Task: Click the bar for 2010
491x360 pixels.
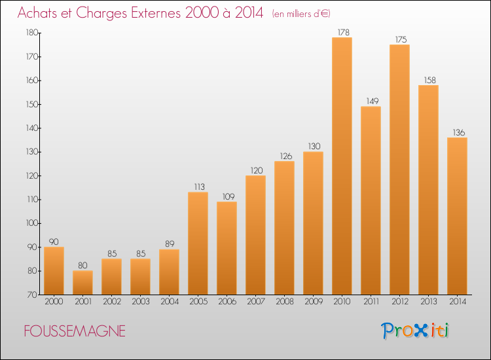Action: [x=342, y=166]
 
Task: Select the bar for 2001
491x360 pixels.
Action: [x=82, y=283]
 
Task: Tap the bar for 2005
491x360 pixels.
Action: [x=198, y=243]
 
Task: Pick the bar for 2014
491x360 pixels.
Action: [x=457, y=216]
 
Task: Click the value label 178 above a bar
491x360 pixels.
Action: [x=342, y=32]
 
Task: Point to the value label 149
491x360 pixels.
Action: [x=371, y=101]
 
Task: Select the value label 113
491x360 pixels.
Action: [x=198, y=187]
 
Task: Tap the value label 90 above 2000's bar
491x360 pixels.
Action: [x=54, y=242]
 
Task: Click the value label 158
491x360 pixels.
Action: [x=428, y=80]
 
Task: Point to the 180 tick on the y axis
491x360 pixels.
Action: [x=31, y=33]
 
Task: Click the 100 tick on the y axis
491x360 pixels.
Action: [x=31, y=223]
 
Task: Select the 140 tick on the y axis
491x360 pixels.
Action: [x=31, y=128]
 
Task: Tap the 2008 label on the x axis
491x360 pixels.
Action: [x=284, y=302]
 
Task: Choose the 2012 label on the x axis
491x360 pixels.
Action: [x=399, y=302]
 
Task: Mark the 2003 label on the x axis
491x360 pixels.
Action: [x=140, y=302]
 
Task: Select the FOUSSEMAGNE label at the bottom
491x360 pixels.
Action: [x=75, y=332]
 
